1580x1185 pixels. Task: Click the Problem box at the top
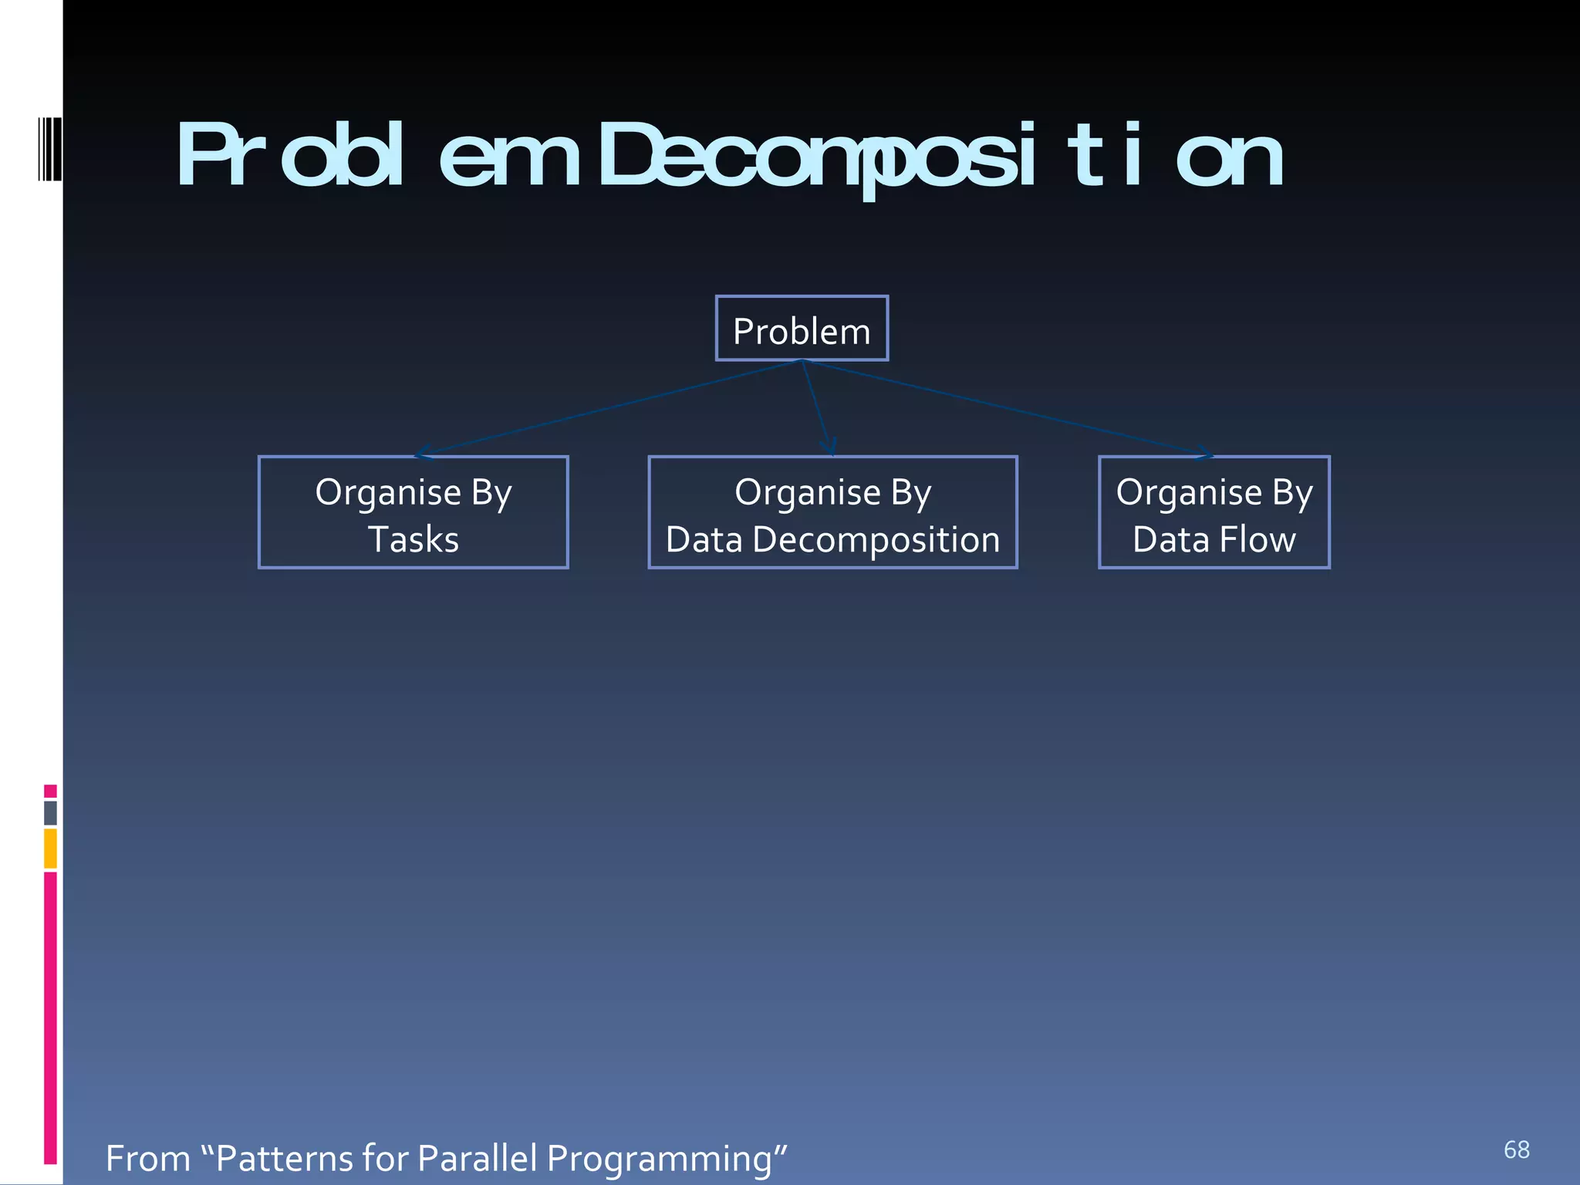click(802, 329)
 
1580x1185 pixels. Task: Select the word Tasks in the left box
click(414, 539)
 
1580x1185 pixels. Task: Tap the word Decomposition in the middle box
click(876, 540)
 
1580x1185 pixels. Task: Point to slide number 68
click(1516, 1150)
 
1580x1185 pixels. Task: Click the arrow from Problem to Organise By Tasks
click(609, 407)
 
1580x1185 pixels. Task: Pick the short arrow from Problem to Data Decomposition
click(815, 407)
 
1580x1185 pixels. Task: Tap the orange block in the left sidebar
click(50, 848)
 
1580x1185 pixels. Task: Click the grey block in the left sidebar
click(50, 812)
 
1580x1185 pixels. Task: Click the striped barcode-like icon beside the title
click(49, 148)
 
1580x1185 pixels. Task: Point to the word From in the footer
click(147, 1158)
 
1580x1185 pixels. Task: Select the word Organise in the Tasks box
click(387, 493)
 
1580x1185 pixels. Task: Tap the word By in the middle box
click(910, 493)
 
